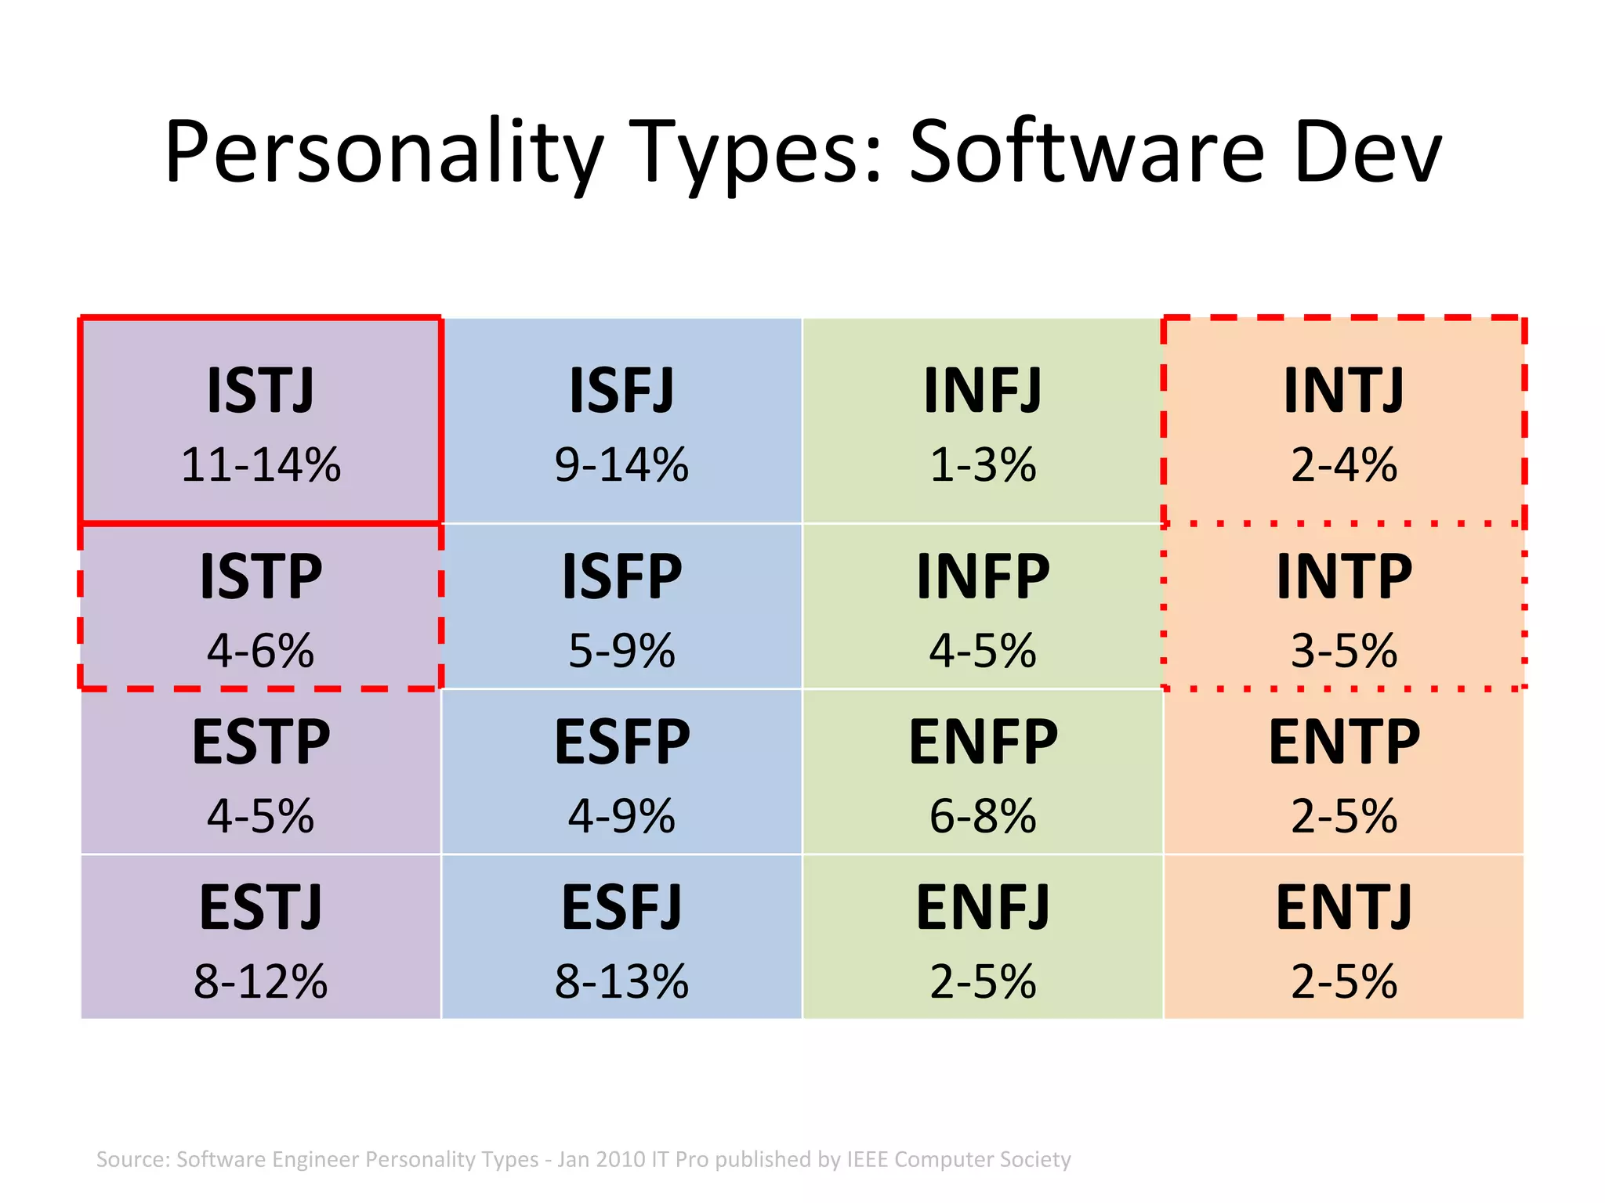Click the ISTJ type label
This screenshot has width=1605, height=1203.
pyautogui.click(x=260, y=391)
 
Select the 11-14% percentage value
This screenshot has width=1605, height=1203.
pyautogui.click(x=260, y=464)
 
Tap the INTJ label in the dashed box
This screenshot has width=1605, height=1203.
pyautogui.click(x=1343, y=391)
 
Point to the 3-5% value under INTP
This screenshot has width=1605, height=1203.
pyautogui.click(x=1343, y=651)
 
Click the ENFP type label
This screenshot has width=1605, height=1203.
pyautogui.click(x=983, y=742)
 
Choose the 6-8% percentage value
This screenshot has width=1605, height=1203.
pyautogui.click(x=983, y=816)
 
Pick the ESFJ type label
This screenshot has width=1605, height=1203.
pyautogui.click(x=621, y=908)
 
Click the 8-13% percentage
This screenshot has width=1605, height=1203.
pyautogui.click(x=621, y=981)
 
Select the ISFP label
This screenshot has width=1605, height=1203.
pyautogui.click(x=621, y=576)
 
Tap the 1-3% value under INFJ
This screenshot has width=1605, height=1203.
pyautogui.click(x=983, y=464)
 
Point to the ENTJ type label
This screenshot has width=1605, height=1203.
pyautogui.click(x=1343, y=908)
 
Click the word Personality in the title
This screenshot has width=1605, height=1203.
pyautogui.click(x=384, y=153)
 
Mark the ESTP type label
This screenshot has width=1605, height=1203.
pyautogui.click(x=260, y=742)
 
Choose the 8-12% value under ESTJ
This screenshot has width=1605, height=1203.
pyautogui.click(x=260, y=981)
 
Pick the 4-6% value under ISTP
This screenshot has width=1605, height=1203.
pyautogui.click(x=260, y=651)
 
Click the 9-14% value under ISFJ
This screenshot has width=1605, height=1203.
pyautogui.click(x=621, y=464)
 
